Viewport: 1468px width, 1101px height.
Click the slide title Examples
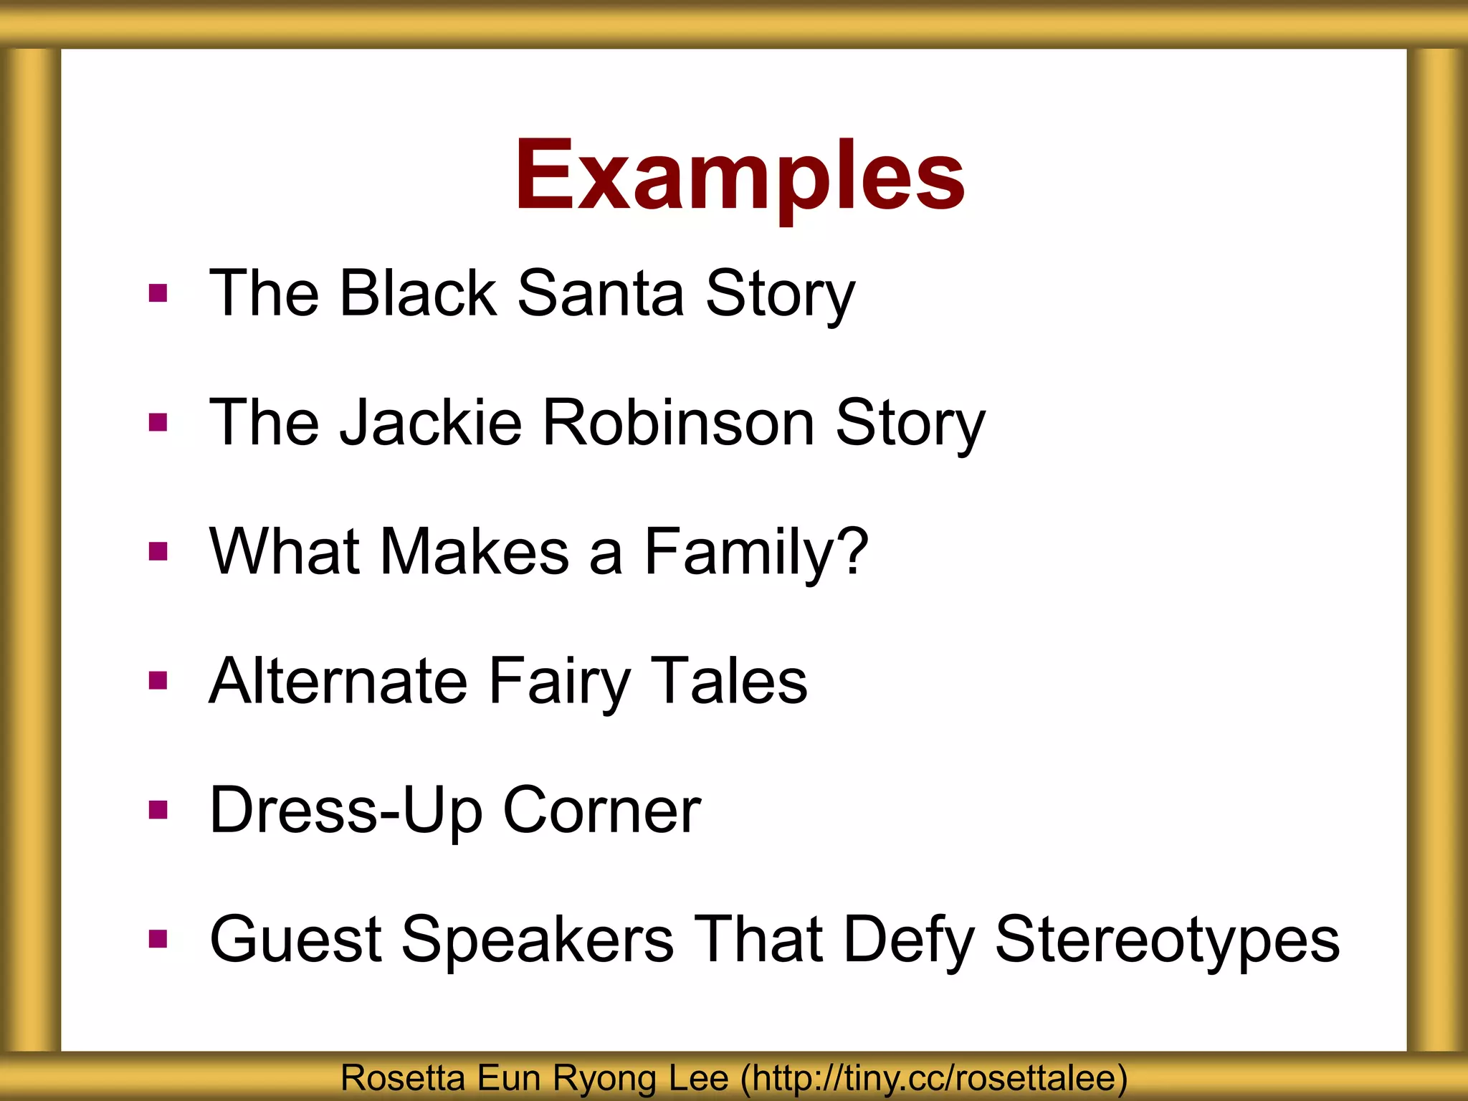point(740,176)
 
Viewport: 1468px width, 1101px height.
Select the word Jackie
point(431,422)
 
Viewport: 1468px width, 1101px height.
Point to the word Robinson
point(679,422)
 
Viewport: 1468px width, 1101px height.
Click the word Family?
point(756,551)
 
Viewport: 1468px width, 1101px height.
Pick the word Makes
point(475,551)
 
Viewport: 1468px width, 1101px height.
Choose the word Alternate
point(338,681)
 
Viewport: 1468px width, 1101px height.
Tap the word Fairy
point(560,681)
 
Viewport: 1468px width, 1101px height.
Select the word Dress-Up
point(345,810)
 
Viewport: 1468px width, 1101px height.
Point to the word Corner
point(601,810)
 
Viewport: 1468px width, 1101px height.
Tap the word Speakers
point(538,939)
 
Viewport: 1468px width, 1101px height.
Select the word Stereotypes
point(1167,939)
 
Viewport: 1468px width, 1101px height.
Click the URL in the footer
point(934,1078)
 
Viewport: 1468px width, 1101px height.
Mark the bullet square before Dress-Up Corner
point(158,810)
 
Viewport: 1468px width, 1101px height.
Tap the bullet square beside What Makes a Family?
point(158,551)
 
